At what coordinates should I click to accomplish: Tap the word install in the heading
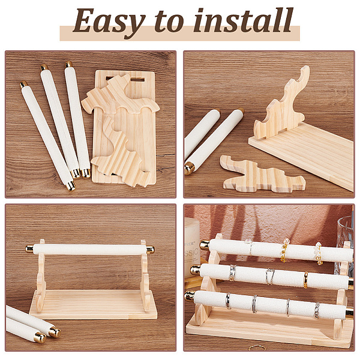pos(243,20)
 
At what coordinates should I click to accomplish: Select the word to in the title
pos(169,22)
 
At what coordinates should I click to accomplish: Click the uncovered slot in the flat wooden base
pos(138,80)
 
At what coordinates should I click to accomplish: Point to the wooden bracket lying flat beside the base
pos(262,173)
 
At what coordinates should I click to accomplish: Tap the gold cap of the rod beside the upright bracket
pos(190,169)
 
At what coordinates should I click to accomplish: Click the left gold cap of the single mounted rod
pos(29,248)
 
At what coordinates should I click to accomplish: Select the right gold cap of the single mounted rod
pos(150,250)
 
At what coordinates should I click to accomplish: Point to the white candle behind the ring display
pos(192,244)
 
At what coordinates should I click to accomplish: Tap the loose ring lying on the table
pos(257,347)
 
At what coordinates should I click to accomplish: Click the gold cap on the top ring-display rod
pos(205,245)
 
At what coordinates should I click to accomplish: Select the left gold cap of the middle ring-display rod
pos(195,270)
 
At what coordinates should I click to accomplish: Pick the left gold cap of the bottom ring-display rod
pos(190,296)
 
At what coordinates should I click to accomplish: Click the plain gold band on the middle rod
pos(305,280)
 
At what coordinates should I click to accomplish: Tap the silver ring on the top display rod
pos(249,247)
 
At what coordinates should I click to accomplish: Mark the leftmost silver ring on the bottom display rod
pos(228,301)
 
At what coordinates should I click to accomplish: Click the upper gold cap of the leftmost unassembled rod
pos(23,84)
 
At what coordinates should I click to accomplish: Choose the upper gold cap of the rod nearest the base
pos(68,64)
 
